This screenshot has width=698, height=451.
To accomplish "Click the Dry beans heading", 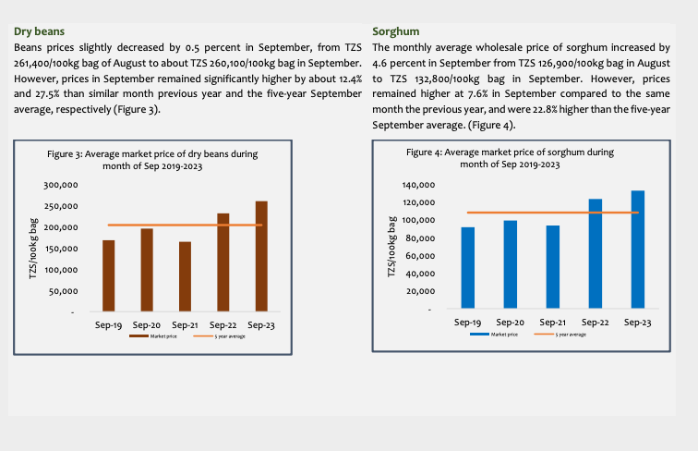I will (39, 31).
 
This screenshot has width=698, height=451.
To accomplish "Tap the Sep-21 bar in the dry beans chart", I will (185, 276).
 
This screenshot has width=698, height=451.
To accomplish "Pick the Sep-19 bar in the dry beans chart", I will (109, 275).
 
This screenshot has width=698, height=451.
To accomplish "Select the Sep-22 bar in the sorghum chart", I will (596, 253).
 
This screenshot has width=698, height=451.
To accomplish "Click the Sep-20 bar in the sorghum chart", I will (511, 264).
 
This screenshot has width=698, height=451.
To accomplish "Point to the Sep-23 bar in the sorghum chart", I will (638, 249).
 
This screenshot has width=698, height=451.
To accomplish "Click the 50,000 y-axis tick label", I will (63, 292).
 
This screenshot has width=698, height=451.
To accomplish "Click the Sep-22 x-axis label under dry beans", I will (223, 325).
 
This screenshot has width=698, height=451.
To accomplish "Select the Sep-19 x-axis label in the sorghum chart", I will (468, 322).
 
